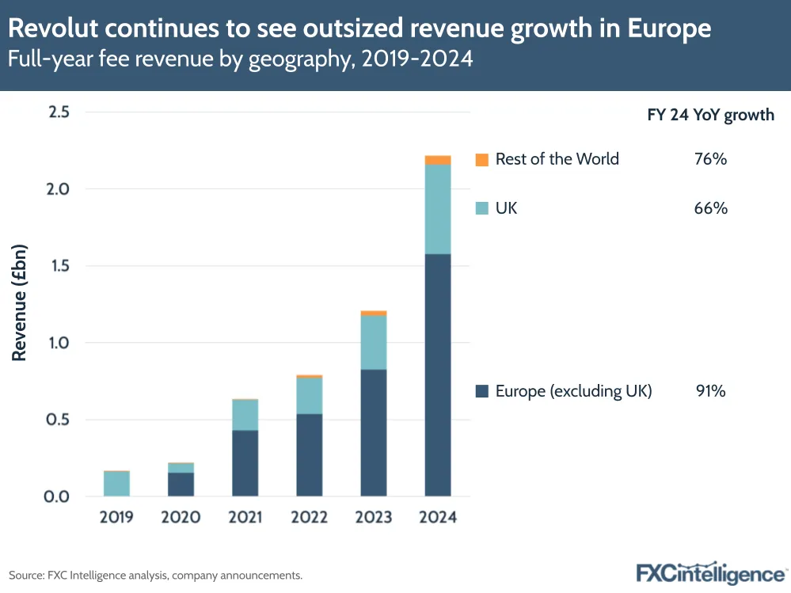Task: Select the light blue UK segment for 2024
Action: (x=438, y=209)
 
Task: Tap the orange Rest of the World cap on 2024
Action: (x=438, y=160)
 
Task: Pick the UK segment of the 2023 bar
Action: (x=374, y=342)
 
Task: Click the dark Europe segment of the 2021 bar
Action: (x=245, y=463)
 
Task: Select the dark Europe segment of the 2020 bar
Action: (x=181, y=485)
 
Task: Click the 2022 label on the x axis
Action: (x=309, y=518)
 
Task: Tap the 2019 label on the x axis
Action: (x=117, y=518)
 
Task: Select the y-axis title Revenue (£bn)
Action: (x=20, y=304)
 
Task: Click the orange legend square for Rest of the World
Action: (x=481, y=159)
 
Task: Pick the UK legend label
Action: (x=506, y=208)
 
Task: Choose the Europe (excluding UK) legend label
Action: (x=573, y=390)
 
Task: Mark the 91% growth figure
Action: (x=709, y=390)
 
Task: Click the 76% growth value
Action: (x=709, y=159)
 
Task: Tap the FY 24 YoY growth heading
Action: (x=710, y=115)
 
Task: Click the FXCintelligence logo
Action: (x=709, y=573)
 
